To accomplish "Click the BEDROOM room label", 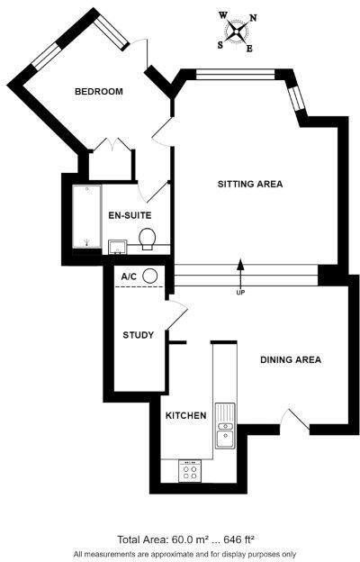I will coord(98,92).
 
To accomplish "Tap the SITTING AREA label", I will coord(250,184).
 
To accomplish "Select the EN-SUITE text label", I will coord(129,215).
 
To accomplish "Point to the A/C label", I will coord(128,276).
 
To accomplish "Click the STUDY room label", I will coord(139,335).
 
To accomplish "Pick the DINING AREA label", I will coord(291,360).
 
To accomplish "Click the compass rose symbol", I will coord(236,32).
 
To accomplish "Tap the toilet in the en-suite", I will coord(149,238).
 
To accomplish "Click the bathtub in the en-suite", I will coord(86,216).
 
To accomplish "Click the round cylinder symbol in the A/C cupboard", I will coord(150,276).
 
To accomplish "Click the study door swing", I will coord(177,316).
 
